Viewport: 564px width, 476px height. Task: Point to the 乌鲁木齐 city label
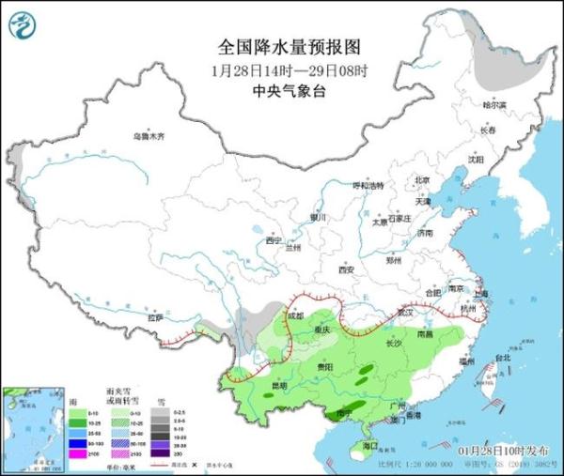[148, 137]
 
